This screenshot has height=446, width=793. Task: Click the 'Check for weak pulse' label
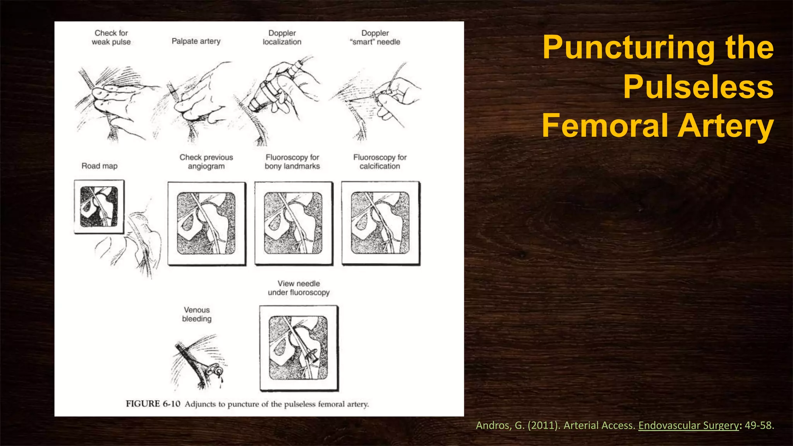111,38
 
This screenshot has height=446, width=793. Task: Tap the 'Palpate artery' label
196,41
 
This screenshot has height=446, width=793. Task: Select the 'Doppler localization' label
282,38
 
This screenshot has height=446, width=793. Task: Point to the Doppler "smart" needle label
375,38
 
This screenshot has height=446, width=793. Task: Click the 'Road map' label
100,166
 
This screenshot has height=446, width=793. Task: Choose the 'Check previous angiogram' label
206,162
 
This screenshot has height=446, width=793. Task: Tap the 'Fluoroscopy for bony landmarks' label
292,162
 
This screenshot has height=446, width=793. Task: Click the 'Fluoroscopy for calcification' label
379,162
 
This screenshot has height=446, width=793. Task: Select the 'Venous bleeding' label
197,314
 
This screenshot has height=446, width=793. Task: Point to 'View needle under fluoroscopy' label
299,288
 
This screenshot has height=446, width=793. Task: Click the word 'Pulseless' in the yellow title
698,87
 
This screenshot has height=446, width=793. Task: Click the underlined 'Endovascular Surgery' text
688,425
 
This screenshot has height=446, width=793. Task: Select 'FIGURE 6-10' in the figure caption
153,404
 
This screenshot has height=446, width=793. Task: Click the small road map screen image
99,207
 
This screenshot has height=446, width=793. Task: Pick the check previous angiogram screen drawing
206,223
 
